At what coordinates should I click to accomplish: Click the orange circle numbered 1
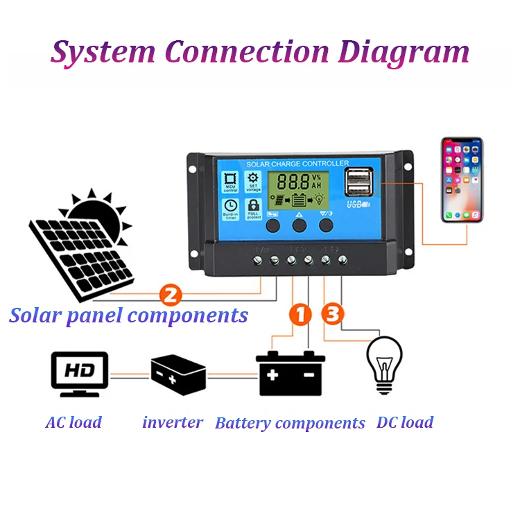[299, 314]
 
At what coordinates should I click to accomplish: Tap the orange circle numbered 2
[171, 295]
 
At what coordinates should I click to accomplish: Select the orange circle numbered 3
[333, 314]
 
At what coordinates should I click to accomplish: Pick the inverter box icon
[178, 374]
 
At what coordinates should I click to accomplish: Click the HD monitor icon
[80, 373]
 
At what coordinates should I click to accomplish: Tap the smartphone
[462, 180]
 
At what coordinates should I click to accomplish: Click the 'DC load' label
[405, 422]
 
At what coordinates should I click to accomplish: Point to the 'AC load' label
[73, 422]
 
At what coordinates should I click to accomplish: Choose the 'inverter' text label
[173, 422]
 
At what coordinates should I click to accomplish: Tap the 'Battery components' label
[290, 423]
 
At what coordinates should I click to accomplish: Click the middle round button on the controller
[300, 225]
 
